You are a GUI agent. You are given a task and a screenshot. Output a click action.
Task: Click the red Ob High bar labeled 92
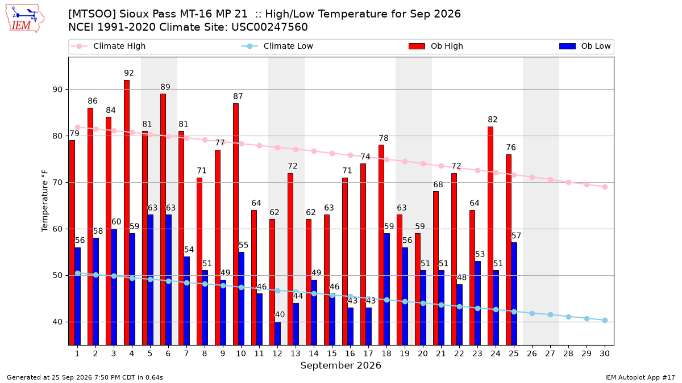tap(127, 212)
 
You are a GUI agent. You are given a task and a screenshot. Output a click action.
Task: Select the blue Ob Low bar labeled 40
tap(278, 334)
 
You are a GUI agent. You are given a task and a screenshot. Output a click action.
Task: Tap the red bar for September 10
tap(236, 224)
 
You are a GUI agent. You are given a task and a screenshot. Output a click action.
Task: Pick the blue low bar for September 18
tap(386, 289)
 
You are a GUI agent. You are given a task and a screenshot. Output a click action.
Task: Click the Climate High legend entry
tap(109, 46)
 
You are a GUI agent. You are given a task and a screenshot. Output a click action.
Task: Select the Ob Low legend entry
tap(585, 46)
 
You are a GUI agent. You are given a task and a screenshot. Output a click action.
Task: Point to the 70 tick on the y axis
tap(57, 182)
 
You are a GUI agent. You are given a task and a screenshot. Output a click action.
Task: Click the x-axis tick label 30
tap(605, 353)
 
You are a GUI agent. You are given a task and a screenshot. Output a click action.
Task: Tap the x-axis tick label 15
tap(332, 353)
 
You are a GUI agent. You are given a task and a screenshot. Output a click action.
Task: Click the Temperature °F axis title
tap(45, 201)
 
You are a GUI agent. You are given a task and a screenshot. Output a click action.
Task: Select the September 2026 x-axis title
tap(340, 365)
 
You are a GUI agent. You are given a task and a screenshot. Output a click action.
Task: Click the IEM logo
tap(25, 19)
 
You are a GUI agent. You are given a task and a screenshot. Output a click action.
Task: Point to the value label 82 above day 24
tap(492, 120)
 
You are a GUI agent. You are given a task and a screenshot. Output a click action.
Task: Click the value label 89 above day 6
tap(165, 87)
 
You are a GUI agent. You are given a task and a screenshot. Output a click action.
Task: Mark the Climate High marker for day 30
tap(605, 187)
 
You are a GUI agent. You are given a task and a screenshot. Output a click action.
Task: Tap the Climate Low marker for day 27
tap(550, 314)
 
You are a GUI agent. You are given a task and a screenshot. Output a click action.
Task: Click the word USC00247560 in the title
tap(270, 27)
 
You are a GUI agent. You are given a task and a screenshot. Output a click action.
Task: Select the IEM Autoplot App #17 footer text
tap(640, 377)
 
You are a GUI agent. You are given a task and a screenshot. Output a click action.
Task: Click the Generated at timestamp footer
tap(85, 377)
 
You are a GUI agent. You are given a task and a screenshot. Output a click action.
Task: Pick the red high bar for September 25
tap(509, 250)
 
